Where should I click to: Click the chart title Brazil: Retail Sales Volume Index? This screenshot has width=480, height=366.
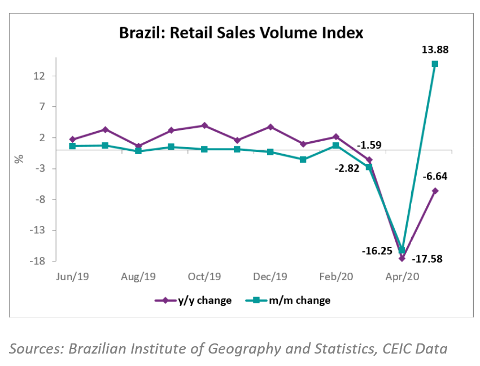coord(241,33)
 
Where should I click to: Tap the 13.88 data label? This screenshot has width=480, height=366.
coord(435,50)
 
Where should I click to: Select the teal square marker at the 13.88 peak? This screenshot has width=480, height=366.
coord(435,64)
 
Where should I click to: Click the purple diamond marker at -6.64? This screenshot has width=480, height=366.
coord(435,191)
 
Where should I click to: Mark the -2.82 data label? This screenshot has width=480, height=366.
coord(346,168)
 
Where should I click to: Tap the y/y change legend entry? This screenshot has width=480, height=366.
coord(193,300)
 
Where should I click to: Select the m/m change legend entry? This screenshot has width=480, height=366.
coord(289,300)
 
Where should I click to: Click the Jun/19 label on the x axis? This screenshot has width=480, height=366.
coord(73,276)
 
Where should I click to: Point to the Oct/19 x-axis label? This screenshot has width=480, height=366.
coord(204,276)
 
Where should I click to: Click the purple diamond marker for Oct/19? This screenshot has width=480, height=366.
coord(204,125)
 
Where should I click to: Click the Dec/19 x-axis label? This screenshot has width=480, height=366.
coord(270,276)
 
